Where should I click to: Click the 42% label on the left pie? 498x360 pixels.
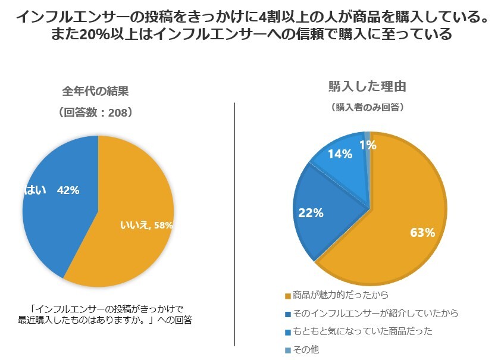pos(68,190)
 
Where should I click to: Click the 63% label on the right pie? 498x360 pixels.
pos(422,233)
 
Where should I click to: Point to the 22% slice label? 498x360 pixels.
pos(311,212)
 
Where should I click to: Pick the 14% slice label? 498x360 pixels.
pos(340,154)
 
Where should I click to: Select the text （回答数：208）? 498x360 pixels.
pos(95,112)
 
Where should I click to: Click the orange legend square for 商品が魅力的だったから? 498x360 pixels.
pos(289,295)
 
